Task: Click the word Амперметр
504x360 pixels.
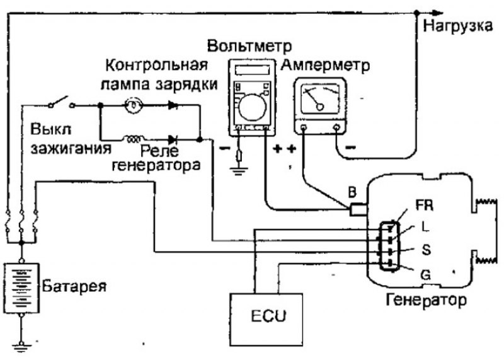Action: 326,65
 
